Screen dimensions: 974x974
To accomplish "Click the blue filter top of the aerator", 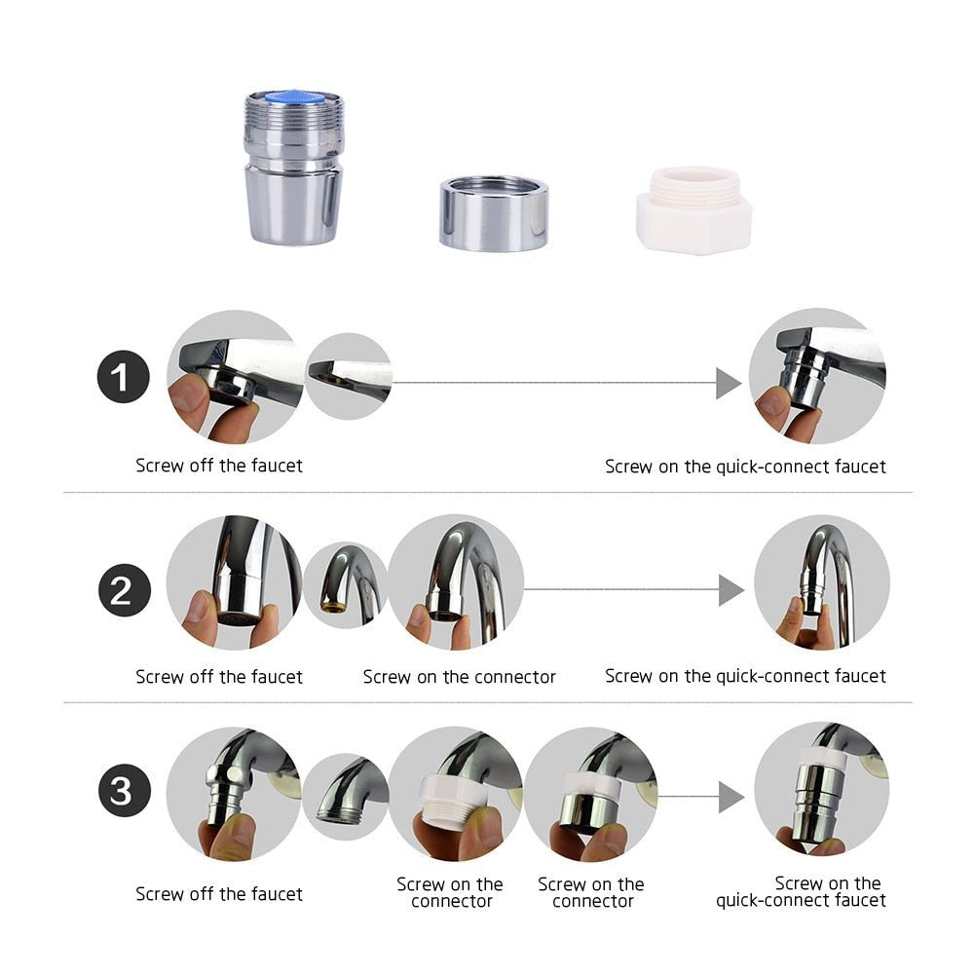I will click(x=293, y=97).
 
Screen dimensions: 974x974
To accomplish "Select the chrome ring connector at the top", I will click(x=493, y=213).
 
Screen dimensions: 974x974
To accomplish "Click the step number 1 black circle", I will click(x=124, y=378).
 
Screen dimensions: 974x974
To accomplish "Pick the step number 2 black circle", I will click(x=124, y=590).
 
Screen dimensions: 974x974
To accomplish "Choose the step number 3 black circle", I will click(x=124, y=792).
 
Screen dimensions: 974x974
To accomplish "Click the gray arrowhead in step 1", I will click(x=729, y=383).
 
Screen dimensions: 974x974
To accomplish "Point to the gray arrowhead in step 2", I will click(x=730, y=589).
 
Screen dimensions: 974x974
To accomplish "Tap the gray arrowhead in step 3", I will click(x=730, y=797).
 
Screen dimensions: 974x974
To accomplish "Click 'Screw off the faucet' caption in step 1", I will click(x=219, y=466).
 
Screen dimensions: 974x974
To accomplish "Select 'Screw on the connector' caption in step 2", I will click(x=459, y=676).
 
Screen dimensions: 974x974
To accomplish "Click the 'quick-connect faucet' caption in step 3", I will click(x=801, y=892).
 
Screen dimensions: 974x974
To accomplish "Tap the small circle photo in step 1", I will click(x=349, y=376).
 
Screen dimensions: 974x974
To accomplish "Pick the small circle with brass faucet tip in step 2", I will click(x=345, y=584).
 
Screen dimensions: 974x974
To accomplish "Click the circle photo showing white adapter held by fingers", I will click(x=456, y=794).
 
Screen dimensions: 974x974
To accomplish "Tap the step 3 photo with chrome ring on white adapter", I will click(x=591, y=794).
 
